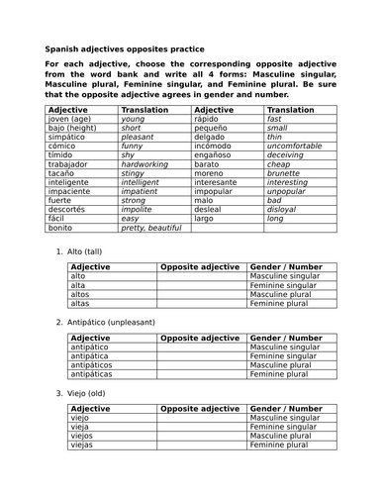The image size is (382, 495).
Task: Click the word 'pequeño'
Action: click(214, 128)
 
